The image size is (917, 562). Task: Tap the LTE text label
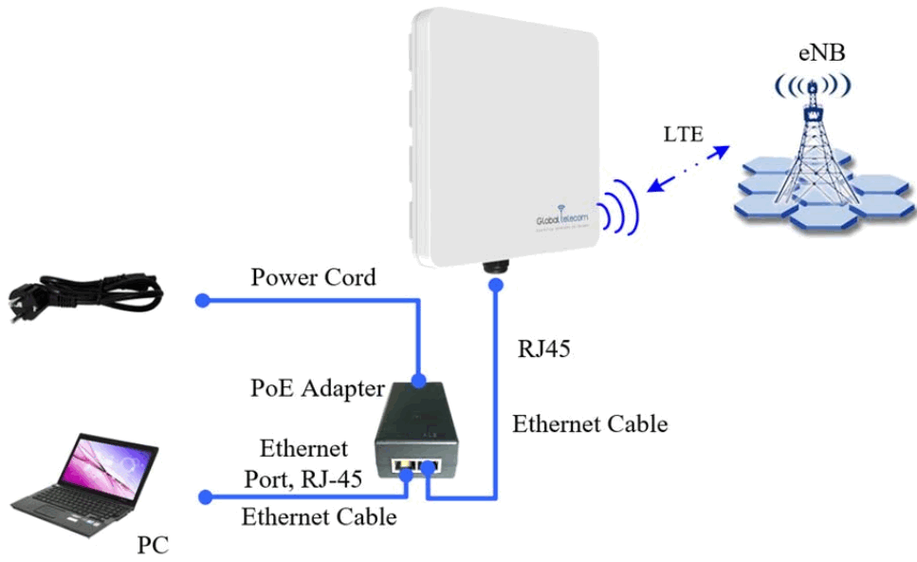click(x=683, y=134)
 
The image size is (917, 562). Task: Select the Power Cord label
click(x=313, y=278)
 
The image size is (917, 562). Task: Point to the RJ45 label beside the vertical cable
click(x=542, y=348)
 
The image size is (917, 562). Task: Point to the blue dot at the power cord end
click(x=201, y=301)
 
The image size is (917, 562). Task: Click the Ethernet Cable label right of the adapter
click(x=590, y=424)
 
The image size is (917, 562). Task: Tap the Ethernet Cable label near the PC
click(x=319, y=517)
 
